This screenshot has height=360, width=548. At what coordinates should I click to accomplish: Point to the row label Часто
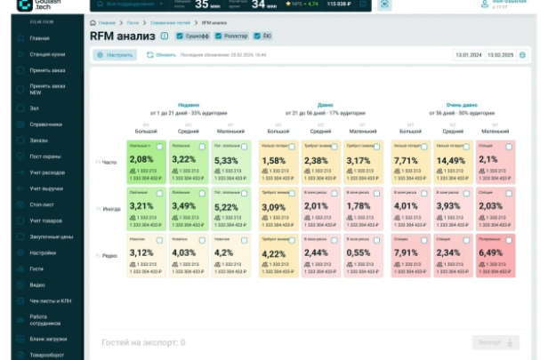coord(109,162)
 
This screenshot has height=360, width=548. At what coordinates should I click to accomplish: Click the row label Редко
coord(109,256)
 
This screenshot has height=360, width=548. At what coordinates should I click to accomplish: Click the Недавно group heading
coord(189,104)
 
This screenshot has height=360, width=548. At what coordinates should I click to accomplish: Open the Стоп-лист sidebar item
coord(43,203)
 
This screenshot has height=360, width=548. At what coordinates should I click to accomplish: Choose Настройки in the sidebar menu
coord(44,252)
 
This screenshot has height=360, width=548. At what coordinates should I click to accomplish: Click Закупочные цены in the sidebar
coord(51,236)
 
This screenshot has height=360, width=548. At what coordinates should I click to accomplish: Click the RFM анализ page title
coord(122,36)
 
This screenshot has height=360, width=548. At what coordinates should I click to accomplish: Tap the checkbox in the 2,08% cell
coord(159,147)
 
